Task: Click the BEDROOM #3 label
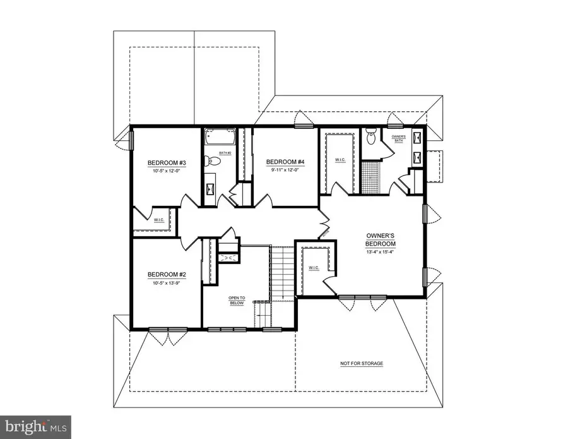(163, 162)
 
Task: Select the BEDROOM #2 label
(166, 274)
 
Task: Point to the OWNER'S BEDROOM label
(381, 239)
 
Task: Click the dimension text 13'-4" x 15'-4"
(381, 253)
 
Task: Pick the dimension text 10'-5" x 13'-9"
(166, 283)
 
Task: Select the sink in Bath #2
(211, 188)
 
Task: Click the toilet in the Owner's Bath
(371, 135)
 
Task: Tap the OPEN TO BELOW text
(237, 300)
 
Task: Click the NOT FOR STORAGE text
(362, 364)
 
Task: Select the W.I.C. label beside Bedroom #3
(159, 220)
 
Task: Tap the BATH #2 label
(225, 153)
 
